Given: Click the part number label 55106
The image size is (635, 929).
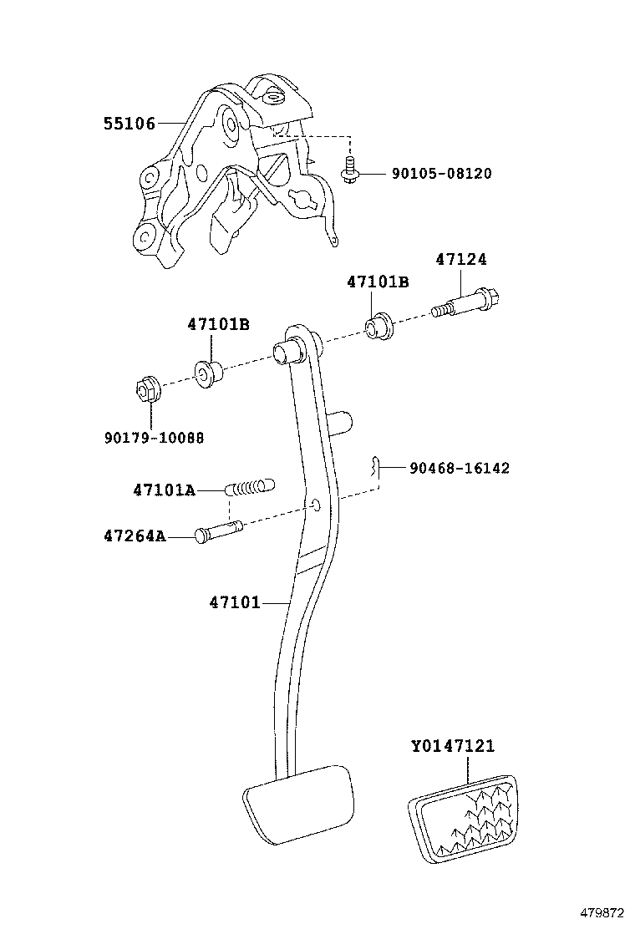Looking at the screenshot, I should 130,124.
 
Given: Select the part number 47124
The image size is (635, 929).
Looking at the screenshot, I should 460,260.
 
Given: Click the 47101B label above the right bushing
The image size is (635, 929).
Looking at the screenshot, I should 378,282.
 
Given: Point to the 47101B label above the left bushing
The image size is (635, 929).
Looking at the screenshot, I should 218,324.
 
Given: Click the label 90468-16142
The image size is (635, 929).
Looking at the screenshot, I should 459,469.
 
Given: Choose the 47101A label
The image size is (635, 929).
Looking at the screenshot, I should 163,490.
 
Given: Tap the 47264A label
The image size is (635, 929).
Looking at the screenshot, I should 135,536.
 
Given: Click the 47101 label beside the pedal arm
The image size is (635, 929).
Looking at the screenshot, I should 235,601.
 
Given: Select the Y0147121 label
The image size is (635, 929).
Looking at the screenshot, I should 458,745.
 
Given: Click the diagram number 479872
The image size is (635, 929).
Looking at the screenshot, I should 604,911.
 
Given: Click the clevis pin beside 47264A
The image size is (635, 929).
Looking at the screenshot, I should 219,532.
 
